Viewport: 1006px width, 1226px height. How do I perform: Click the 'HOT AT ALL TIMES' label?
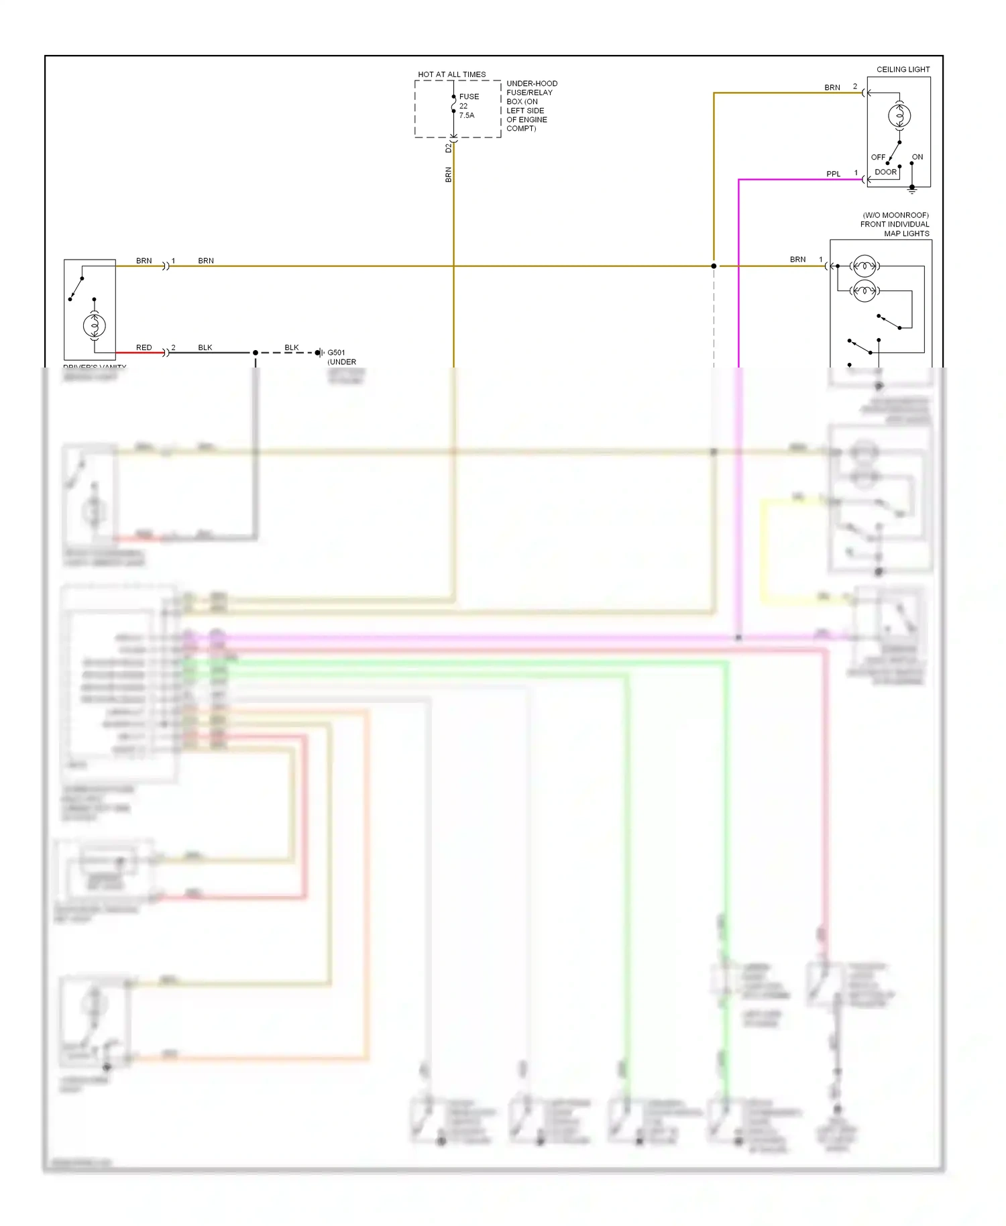click(451, 74)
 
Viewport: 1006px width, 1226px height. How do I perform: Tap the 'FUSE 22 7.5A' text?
click(468, 106)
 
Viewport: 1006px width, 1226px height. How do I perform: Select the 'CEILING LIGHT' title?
click(903, 69)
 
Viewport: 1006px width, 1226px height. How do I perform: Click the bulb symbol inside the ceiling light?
click(899, 116)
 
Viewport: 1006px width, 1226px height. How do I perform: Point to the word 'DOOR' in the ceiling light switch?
click(885, 172)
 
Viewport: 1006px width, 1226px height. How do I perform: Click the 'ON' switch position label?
click(917, 157)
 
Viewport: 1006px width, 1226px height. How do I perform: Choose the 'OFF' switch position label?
click(877, 157)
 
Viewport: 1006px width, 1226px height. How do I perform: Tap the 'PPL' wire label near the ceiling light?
click(833, 174)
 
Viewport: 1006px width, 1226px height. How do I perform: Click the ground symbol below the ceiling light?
click(911, 191)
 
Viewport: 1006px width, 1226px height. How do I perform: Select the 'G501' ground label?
click(336, 352)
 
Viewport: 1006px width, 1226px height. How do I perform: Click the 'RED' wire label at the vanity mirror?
click(144, 347)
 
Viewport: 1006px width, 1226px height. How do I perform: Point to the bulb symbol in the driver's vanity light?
click(95, 326)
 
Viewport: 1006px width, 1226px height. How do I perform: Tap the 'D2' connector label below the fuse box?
click(449, 148)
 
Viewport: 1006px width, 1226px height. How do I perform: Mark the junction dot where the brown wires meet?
click(714, 266)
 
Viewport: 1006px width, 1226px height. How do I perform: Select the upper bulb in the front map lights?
click(864, 266)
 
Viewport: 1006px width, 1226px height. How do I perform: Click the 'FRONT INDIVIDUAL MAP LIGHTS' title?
click(895, 225)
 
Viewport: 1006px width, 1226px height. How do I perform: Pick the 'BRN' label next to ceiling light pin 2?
click(832, 87)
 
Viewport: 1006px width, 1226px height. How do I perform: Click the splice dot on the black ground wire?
click(256, 353)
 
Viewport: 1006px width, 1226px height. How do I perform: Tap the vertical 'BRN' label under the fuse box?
click(449, 174)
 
